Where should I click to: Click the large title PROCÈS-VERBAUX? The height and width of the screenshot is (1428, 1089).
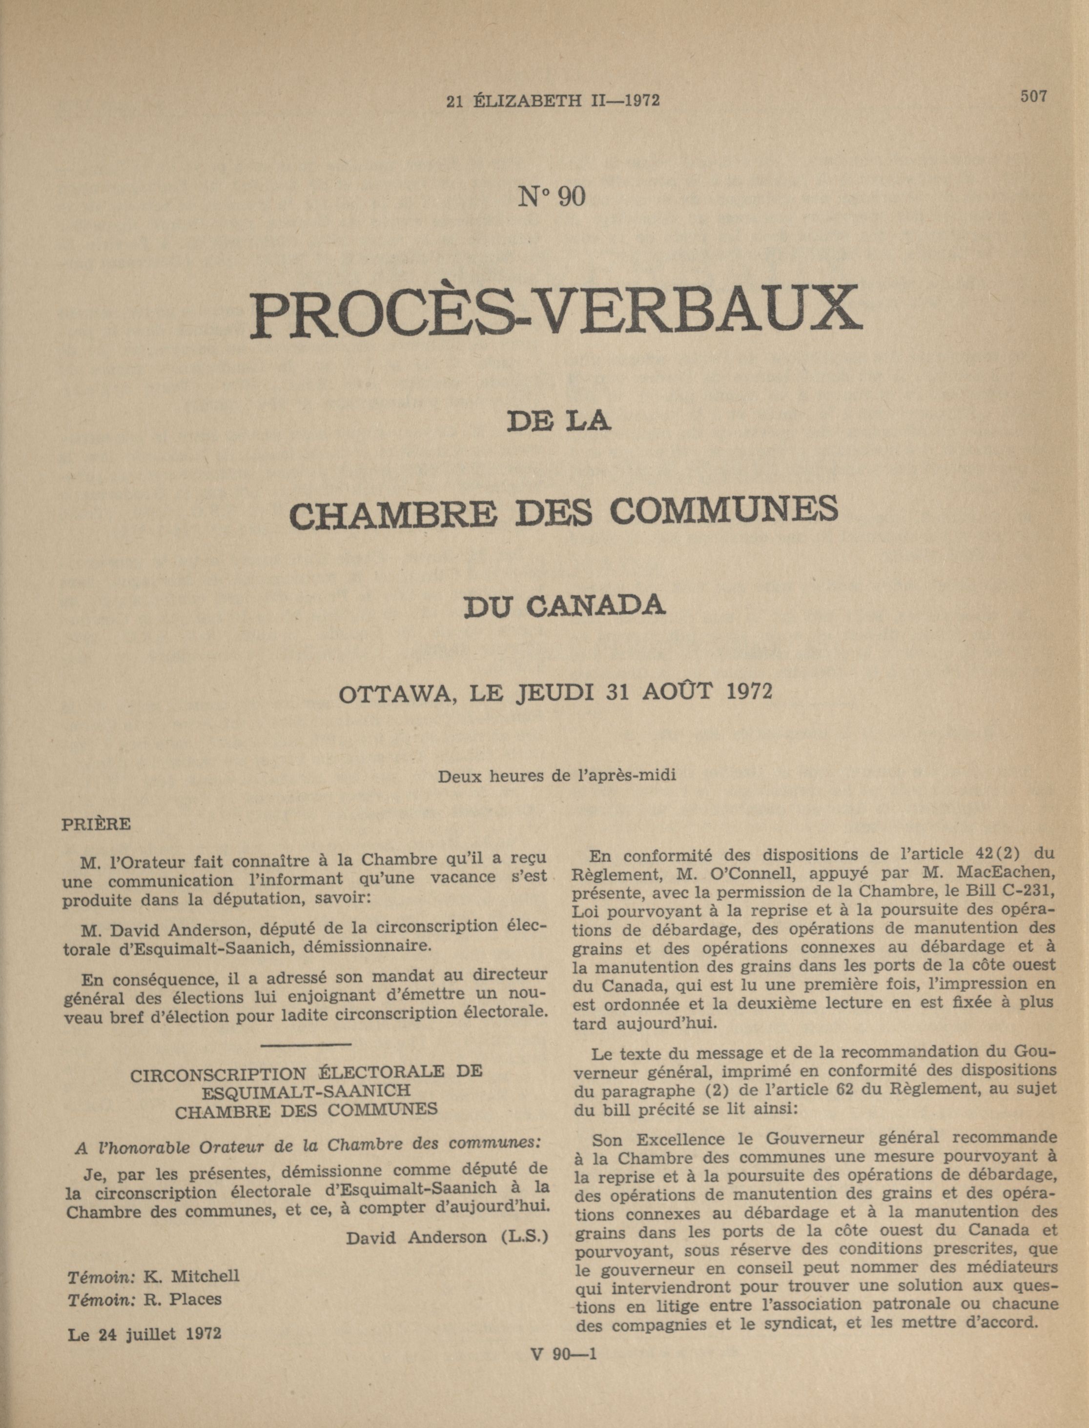coord(556,313)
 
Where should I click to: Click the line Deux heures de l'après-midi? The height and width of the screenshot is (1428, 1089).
coord(557,776)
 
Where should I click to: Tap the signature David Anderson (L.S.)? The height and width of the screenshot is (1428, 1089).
coord(447,1237)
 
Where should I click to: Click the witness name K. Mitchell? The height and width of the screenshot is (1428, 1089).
coord(191,1276)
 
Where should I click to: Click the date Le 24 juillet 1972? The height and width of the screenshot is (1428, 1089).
coord(144,1333)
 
